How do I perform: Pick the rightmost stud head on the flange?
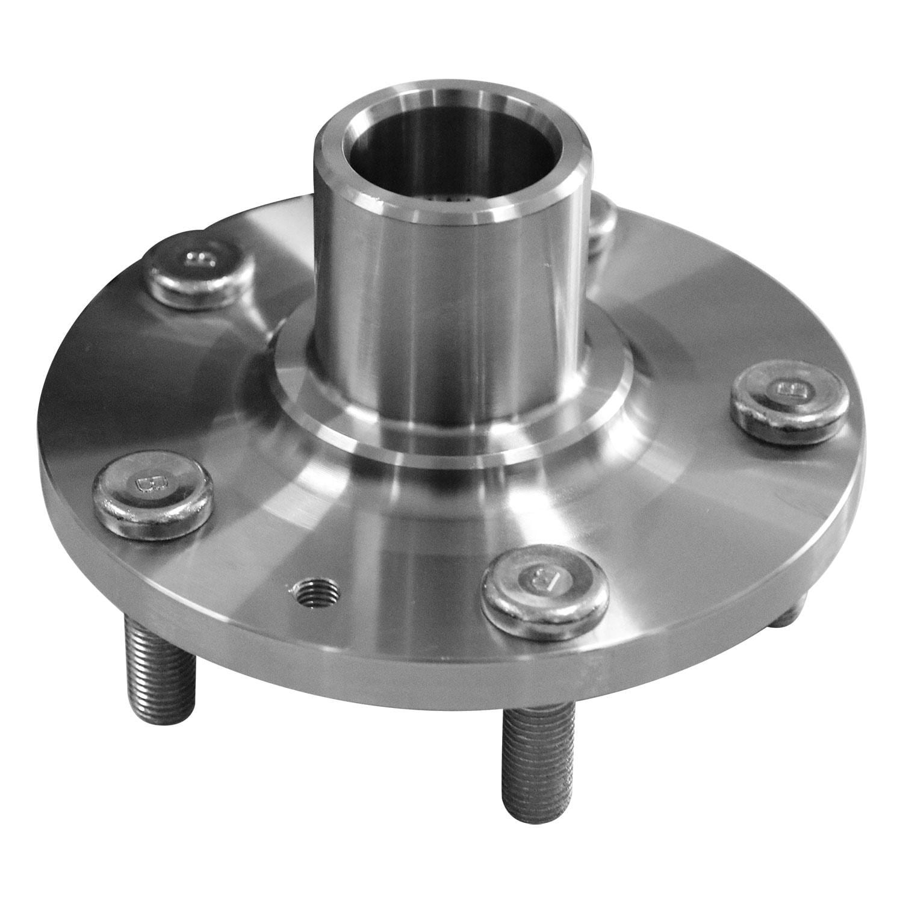pyautogui.click(x=788, y=400)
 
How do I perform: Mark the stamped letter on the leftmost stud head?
pyautogui.click(x=145, y=482)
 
